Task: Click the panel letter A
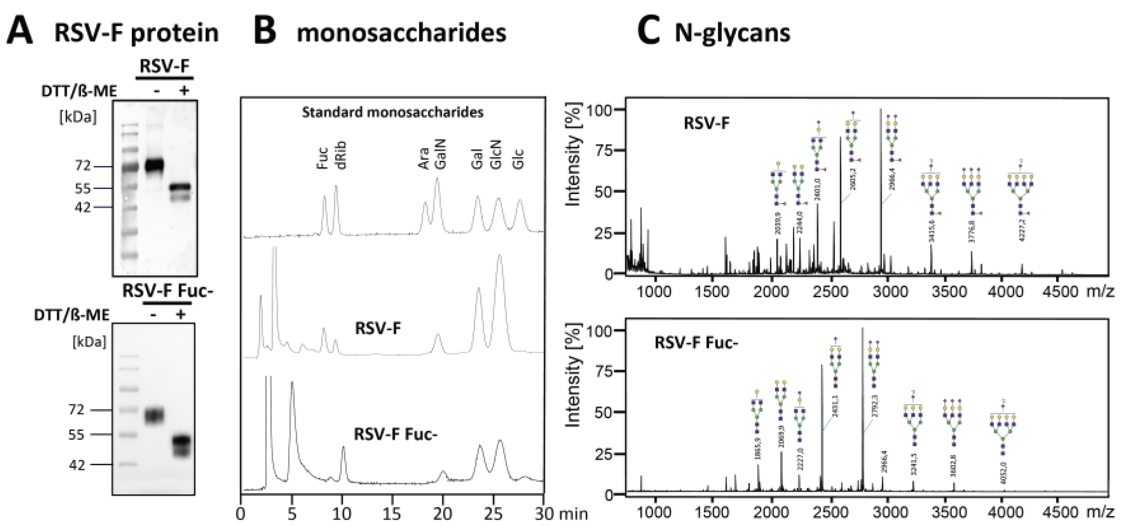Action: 20,31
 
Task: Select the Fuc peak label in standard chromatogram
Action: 322,158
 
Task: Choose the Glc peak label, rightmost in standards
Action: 519,158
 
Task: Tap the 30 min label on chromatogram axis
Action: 561,514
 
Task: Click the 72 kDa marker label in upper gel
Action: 83,166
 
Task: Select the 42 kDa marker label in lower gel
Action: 77,465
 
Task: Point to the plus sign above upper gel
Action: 184,91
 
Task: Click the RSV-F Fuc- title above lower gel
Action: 168,291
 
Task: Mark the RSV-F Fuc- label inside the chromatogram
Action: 395,435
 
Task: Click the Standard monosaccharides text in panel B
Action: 393,112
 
